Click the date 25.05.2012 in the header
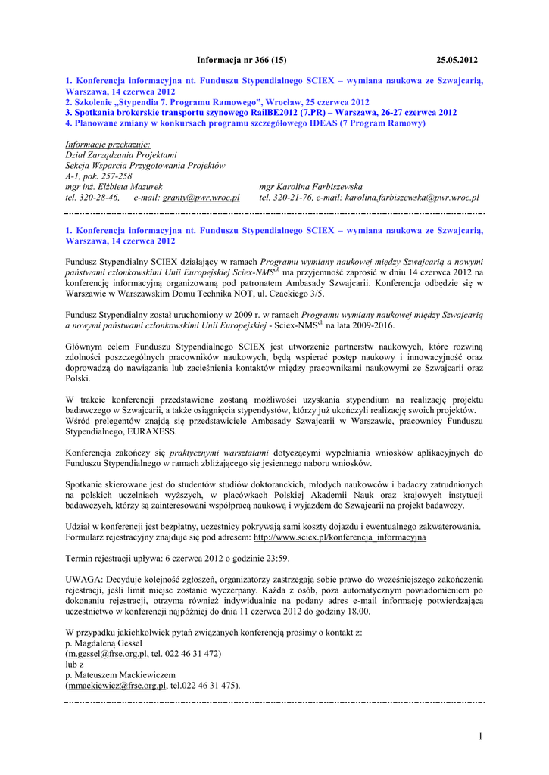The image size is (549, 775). coord(457,60)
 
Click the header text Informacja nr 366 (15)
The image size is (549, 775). coord(242,60)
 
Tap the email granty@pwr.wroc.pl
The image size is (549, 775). coord(201,198)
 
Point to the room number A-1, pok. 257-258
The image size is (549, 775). coord(99,176)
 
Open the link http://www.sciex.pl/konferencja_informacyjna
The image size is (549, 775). coord(339,537)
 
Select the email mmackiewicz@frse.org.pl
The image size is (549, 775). coord(117,686)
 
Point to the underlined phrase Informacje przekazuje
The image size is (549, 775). coord(108,144)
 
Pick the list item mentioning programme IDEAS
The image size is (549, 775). coord(245,123)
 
